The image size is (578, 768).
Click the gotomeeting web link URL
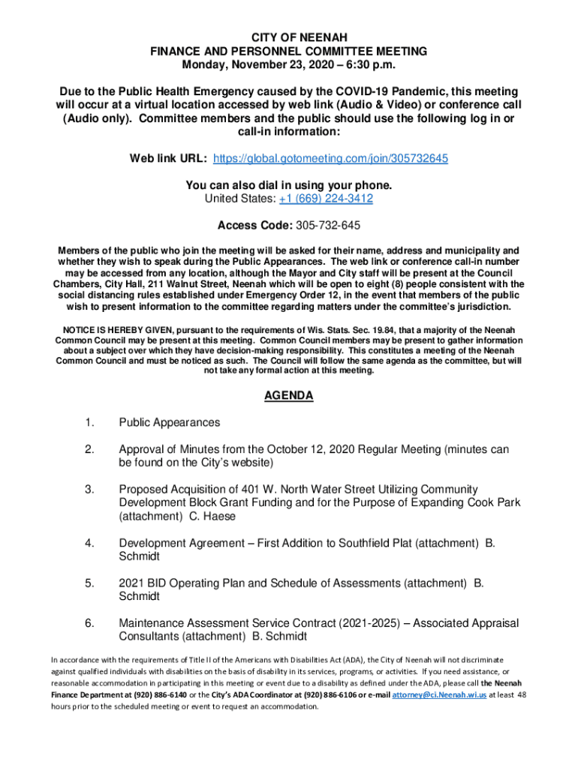click(331, 159)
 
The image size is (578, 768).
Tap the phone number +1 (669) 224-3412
click(326, 199)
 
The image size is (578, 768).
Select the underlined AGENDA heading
click(289, 396)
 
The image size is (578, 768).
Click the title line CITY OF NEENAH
click(289, 37)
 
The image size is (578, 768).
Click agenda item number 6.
click(89, 623)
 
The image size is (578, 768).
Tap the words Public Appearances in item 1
click(170, 423)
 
